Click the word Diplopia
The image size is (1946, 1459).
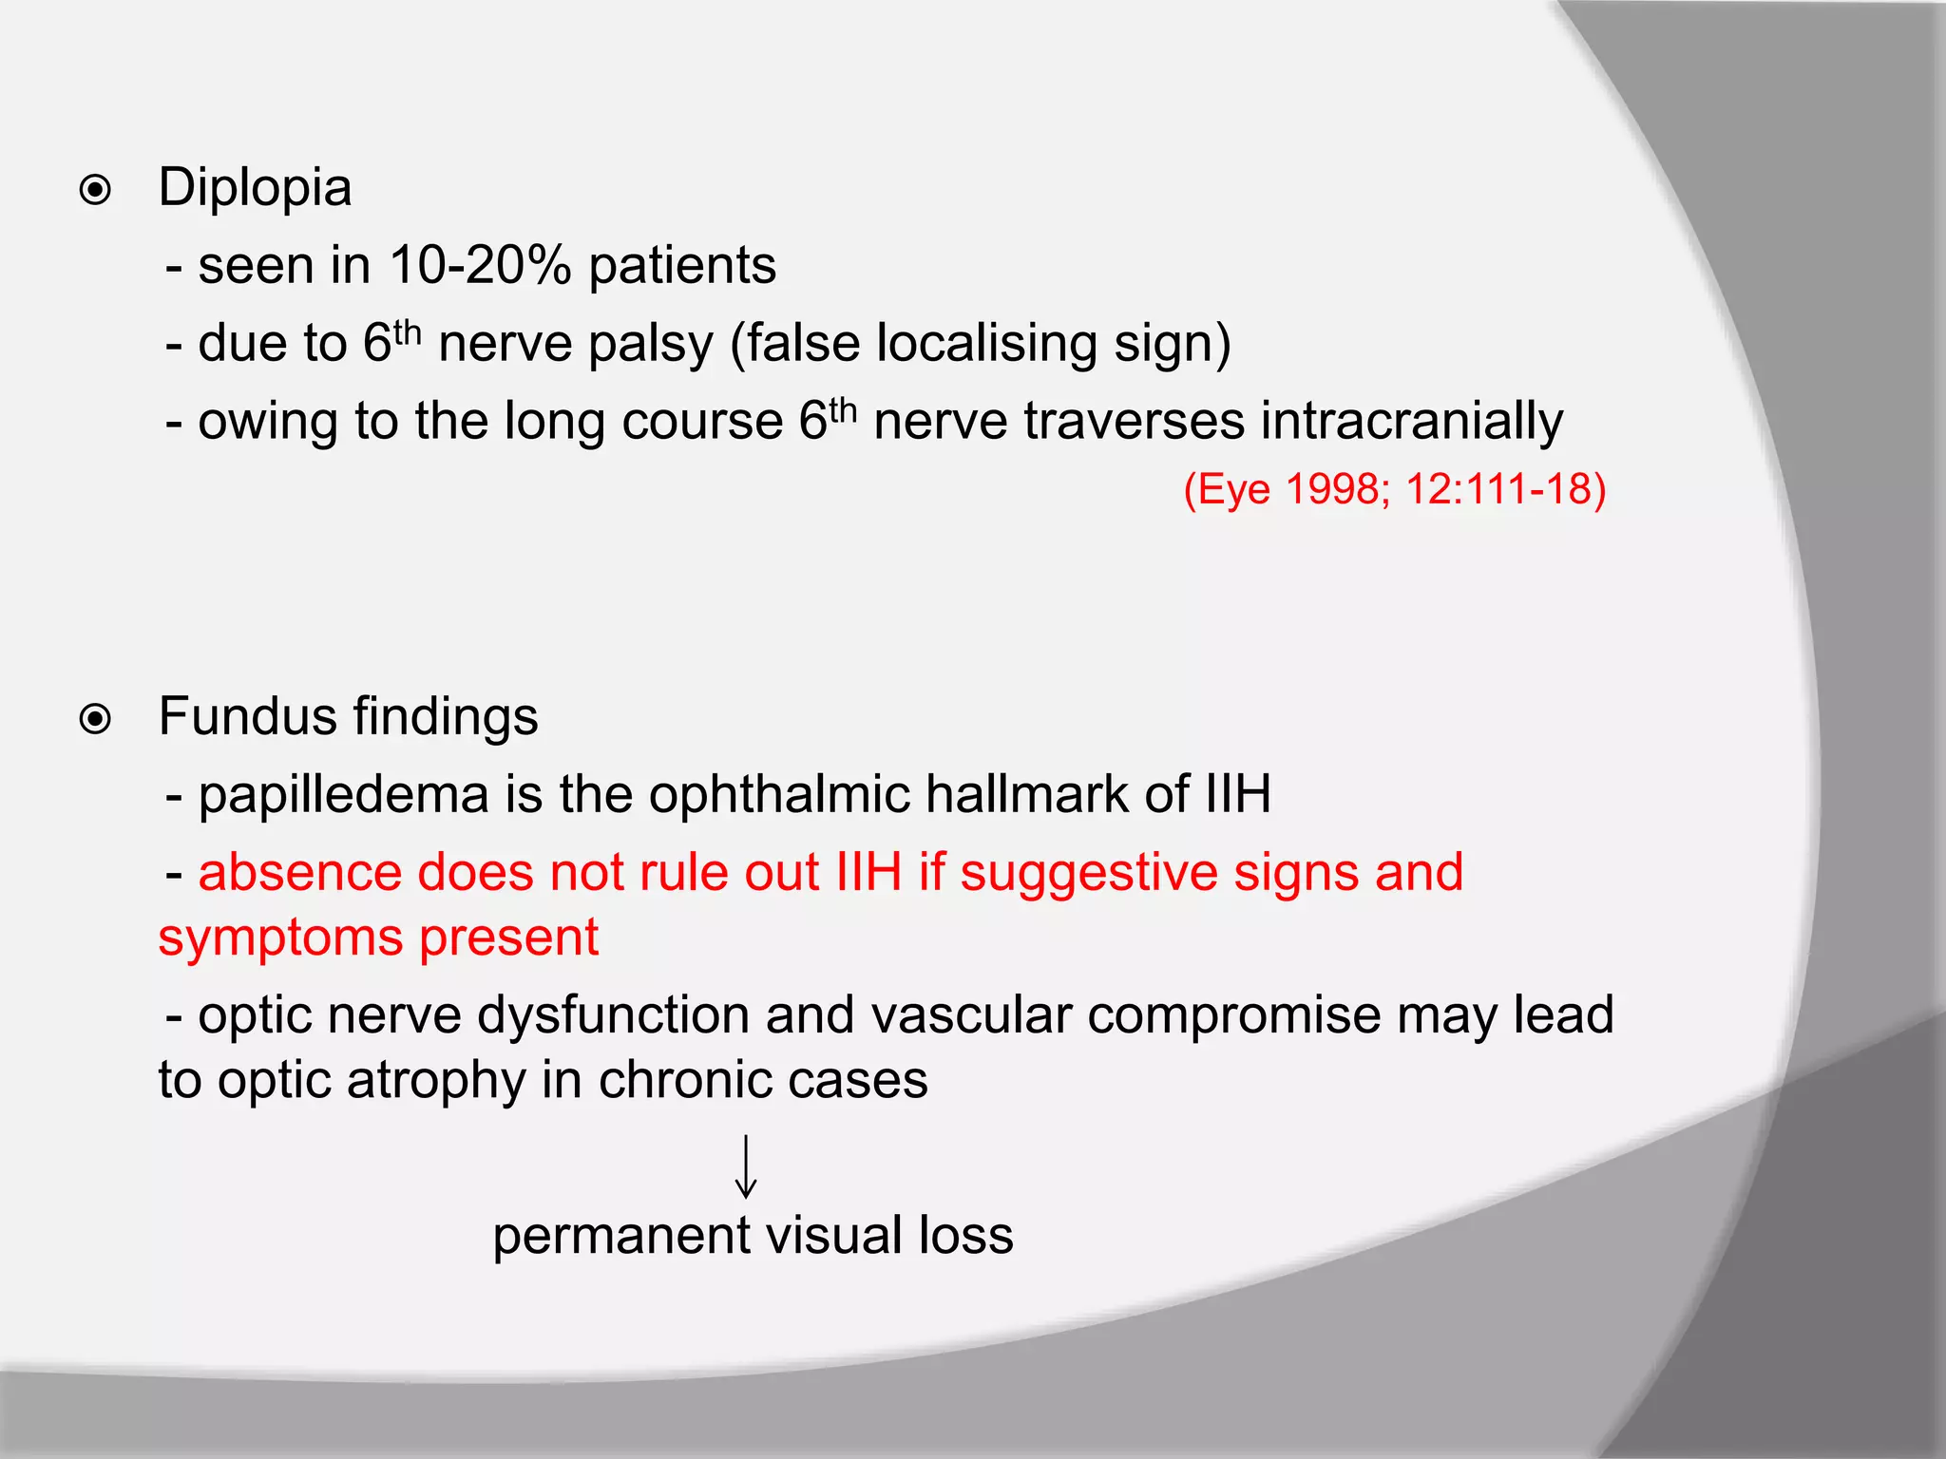255,188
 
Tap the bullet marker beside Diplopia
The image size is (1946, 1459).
95,191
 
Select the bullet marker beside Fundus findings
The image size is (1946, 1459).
95,720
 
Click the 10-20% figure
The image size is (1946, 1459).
480,265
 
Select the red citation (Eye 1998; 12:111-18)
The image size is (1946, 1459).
1395,490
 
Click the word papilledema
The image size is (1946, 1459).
343,796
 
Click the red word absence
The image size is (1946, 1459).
299,872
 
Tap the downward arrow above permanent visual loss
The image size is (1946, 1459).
746,1166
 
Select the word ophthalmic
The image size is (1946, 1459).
779,794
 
